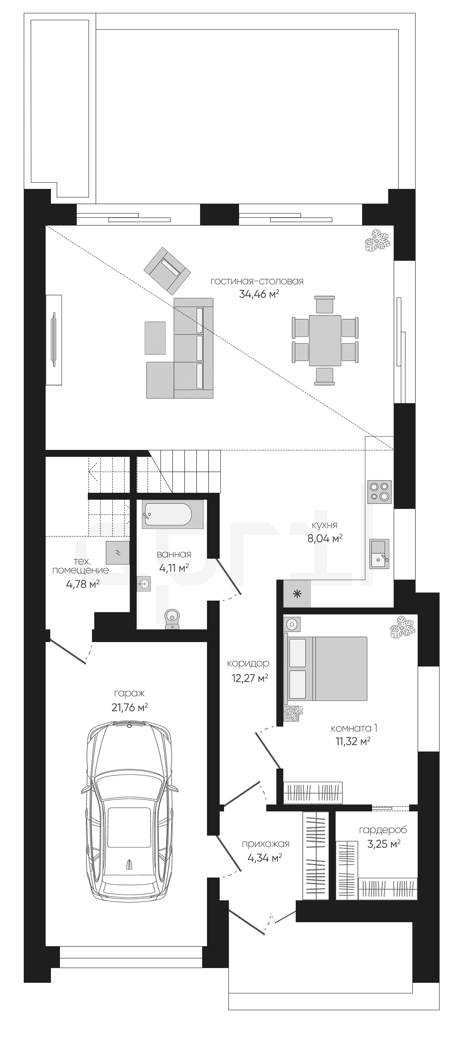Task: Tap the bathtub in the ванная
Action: click(167, 515)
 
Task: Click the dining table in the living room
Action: click(325, 340)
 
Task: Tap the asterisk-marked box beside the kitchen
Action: click(297, 594)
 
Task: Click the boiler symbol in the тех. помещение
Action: click(118, 552)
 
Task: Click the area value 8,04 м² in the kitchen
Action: click(325, 539)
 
